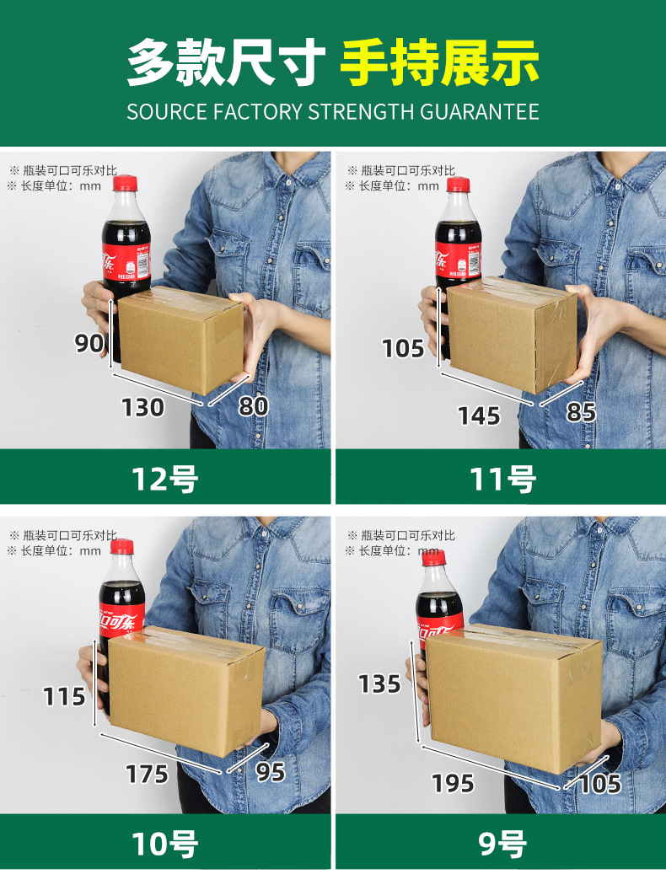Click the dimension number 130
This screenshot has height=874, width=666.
pos(142,407)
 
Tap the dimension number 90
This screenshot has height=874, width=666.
pos(89,343)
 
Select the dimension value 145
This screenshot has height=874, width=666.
pos(479,415)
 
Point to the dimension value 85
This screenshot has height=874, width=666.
pos(582,412)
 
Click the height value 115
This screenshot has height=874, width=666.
pos(65,697)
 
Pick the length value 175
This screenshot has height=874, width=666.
pos(148,774)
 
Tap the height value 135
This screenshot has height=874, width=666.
pos(379,684)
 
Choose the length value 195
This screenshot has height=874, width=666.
pos(453,783)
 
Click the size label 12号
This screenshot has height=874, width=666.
pos(165,479)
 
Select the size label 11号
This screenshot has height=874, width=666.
pos(502,479)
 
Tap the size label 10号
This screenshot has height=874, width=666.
pos(165,843)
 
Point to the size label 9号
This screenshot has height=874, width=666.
pos(502,843)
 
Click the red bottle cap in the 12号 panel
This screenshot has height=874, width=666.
pos(125,184)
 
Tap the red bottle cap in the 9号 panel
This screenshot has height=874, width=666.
pos(432,557)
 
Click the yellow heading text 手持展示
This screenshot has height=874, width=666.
pos(439,62)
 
